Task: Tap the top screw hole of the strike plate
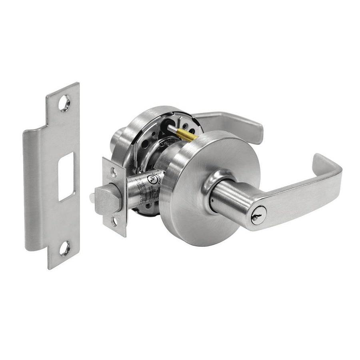click(x=64, y=103)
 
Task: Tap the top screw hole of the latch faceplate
click(x=114, y=172)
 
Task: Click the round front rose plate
click(x=188, y=208)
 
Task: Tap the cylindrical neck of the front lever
click(x=228, y=200)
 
